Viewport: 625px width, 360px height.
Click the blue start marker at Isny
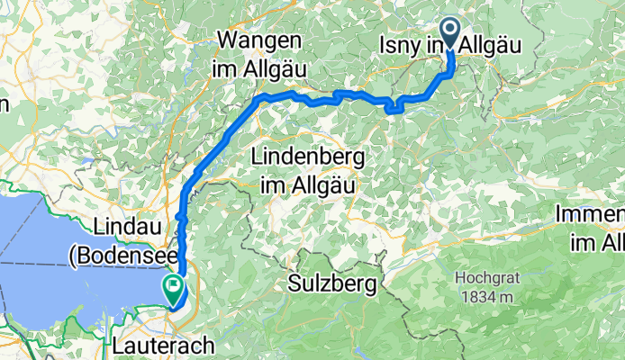448,33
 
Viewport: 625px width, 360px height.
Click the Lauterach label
163,345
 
